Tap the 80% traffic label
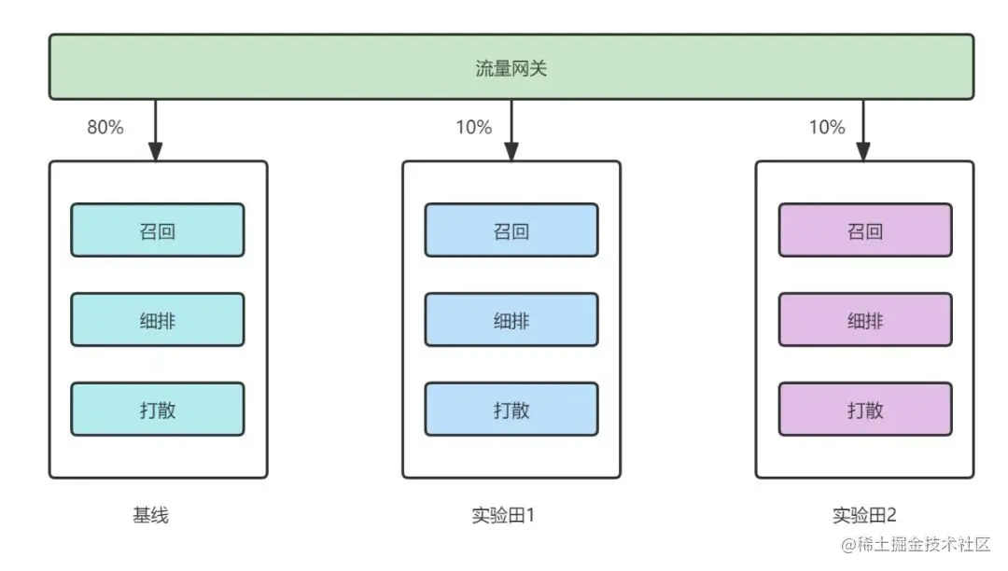[x=105, y=128]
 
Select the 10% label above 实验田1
[x=474, y=128]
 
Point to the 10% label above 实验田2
[x=827, y=128]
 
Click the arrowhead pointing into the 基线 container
[x=156, y=150]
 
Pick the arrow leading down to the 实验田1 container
[x=511, y=130]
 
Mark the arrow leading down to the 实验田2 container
[x=863, y=130]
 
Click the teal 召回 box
[x=157, y=230]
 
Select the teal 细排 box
[x=157, y=320]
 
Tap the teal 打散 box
[x=157, y=409]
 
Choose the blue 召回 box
[x=511, y=230]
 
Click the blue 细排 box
[x=511, y=320]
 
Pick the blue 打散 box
[x=511, y=409]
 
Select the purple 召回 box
[x=864, y=230]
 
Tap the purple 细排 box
[x=864, y=320]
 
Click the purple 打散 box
[x=864, y=409]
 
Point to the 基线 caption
[x=150, y=515]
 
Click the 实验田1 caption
[x=504, y=515]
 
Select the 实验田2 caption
[x=864, y=515]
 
